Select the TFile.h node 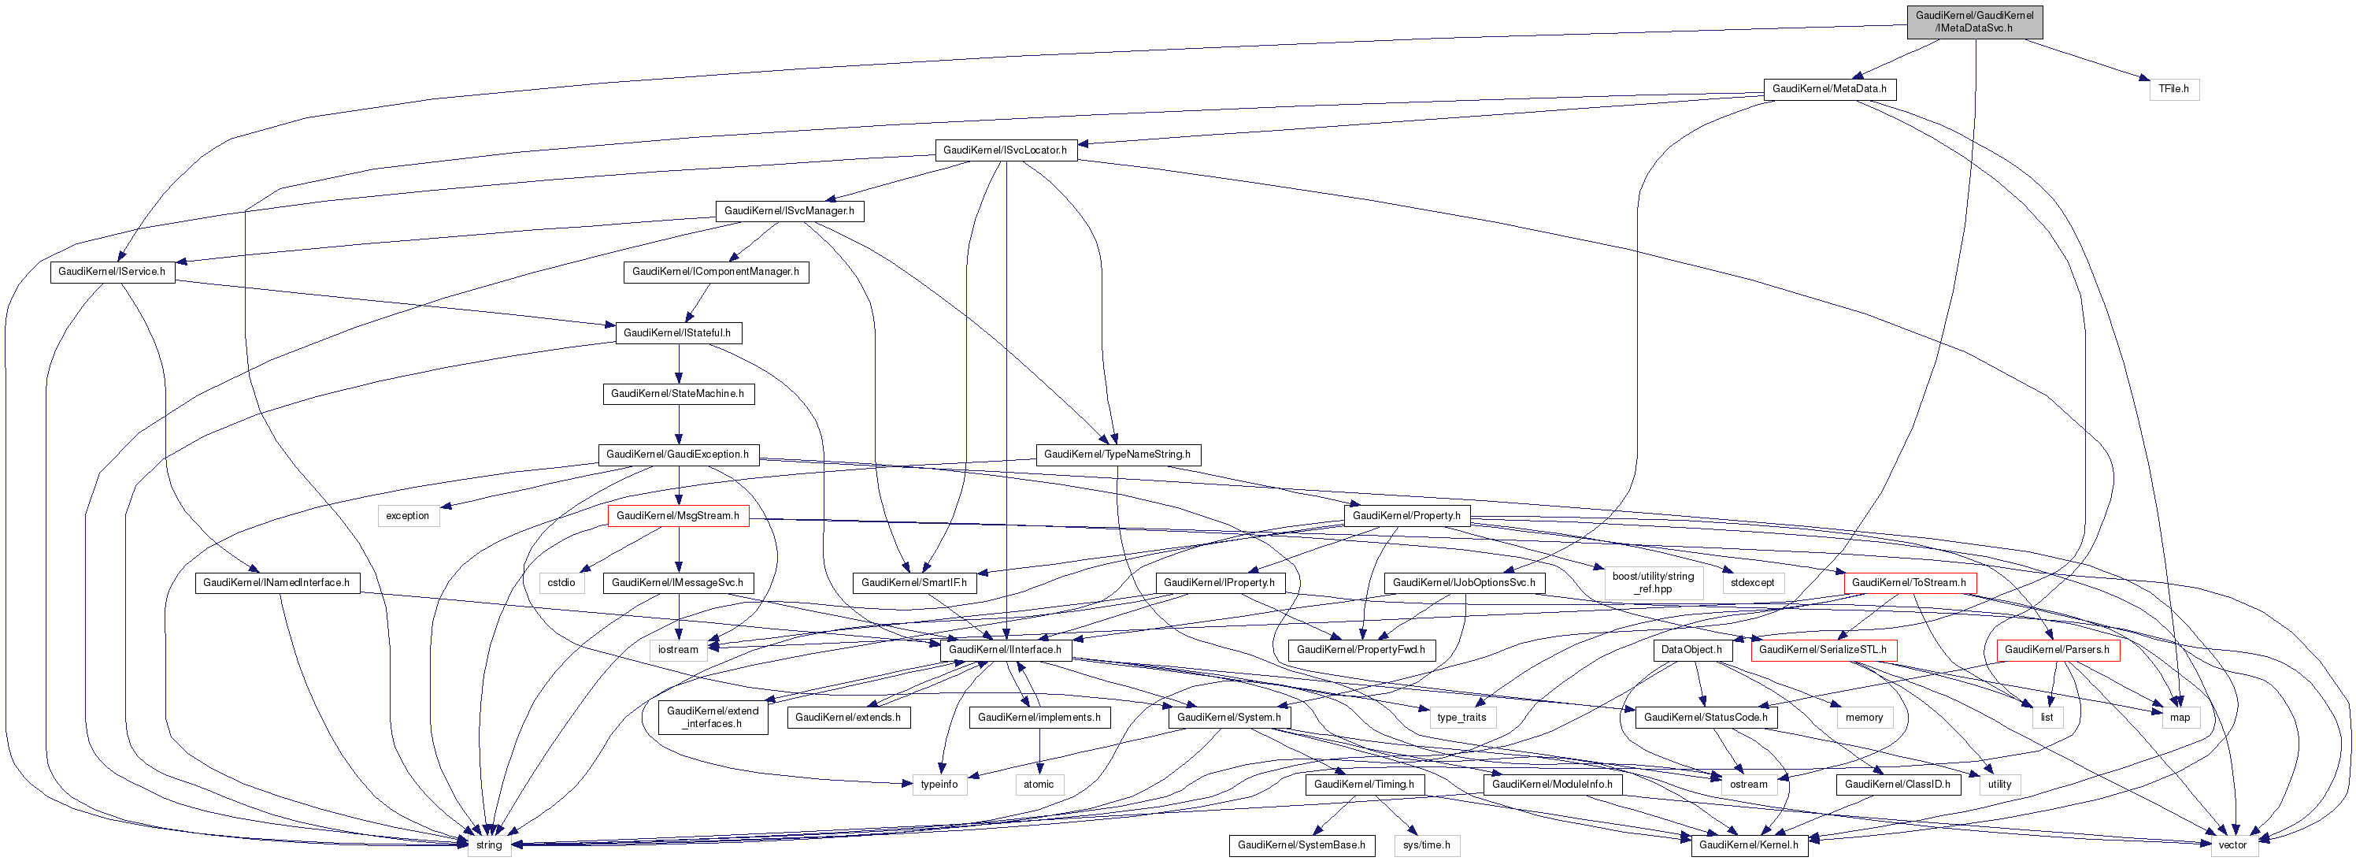click(x=2173, y=89)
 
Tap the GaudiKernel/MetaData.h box click(x=1829, y=89)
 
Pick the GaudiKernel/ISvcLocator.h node click(x=1005, y=150)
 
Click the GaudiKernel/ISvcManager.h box click(x=789, y=211)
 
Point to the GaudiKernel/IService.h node click(x=112, y=272)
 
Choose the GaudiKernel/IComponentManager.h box click(x=715, y=272)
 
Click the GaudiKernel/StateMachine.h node click(x=678, y=393)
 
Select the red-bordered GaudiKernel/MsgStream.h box click(x=678, y=516)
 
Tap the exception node click(x=408, y=516)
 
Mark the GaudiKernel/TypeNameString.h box click(x=1117, y=455)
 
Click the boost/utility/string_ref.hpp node click(x=1653, y=583)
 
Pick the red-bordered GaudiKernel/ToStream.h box click(x=1909, y=583)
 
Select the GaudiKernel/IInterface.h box click(x=1005, y=651)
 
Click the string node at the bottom click(x=489, y=845)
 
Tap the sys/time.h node click(x=1427, y=845)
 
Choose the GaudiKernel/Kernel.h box click(x=1749, y=845)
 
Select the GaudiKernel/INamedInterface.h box click(x=276, y=583)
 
